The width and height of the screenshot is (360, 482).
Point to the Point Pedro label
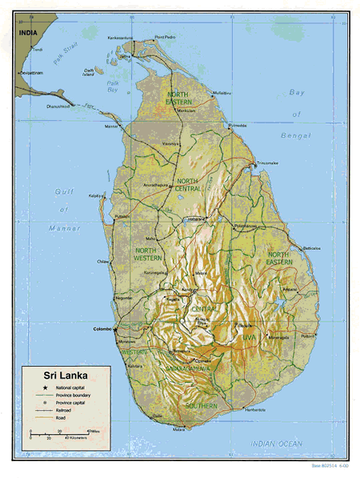tap(166, 38)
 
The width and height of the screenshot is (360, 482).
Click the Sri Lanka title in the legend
tap(57, 374)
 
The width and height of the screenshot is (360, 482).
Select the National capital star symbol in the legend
tap(36, 388)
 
